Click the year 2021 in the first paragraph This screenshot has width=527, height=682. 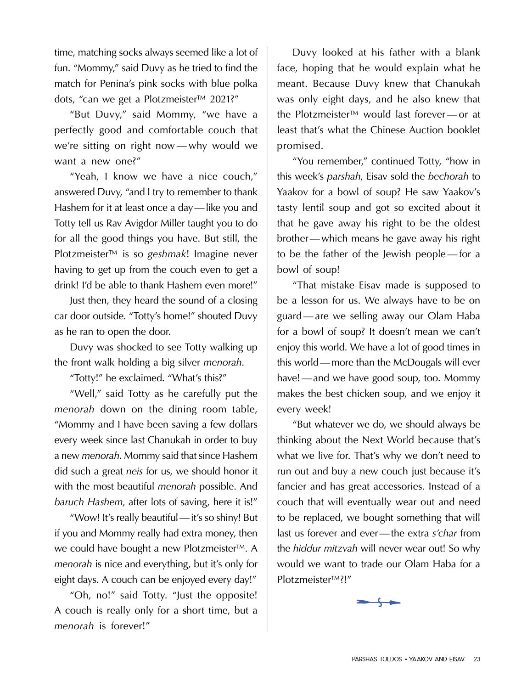tap(222, 99)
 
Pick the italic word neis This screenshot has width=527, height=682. tap(134, 471)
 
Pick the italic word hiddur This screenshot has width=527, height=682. tap(307, 548)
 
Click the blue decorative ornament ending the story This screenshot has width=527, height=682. tap(378, 602)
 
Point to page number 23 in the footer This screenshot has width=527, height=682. tap(477, 659)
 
